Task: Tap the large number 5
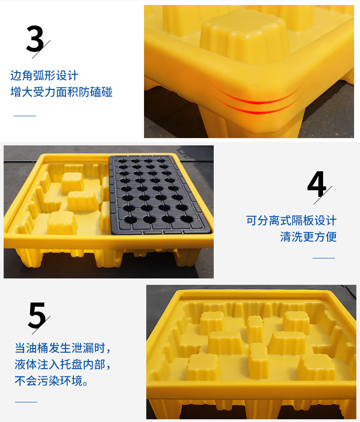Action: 37,315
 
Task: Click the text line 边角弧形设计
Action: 44,76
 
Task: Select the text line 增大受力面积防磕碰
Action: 62,92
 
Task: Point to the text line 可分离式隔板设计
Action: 291,221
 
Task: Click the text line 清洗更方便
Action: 309,237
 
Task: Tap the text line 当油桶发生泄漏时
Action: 62,348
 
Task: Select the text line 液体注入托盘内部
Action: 62,365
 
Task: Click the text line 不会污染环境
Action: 51,381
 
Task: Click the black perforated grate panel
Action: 159,194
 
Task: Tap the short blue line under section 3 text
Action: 25,116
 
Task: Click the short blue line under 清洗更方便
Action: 324,258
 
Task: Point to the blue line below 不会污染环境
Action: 26,402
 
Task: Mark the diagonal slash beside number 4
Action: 323,195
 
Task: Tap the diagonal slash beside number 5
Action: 41,325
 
